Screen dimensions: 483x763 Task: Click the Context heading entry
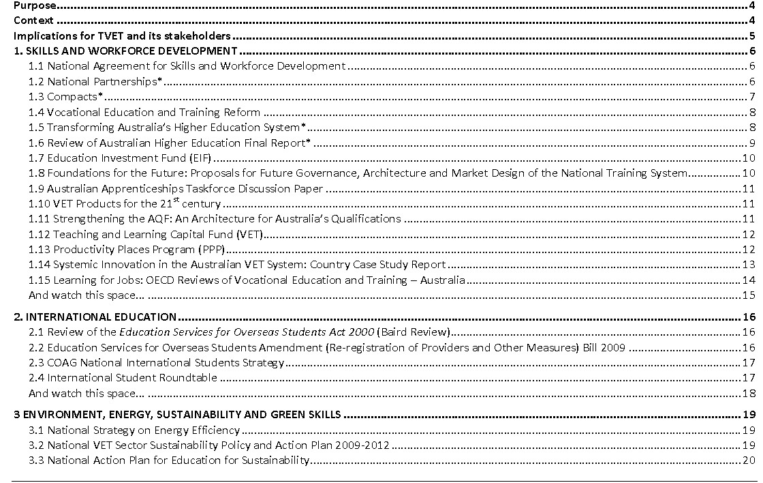pyautogui.click(x=33, y=20)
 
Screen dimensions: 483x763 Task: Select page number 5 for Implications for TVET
pyautogui.click(x=751, y=36)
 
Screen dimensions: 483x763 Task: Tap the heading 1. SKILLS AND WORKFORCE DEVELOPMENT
pyautogui.click(x=126, y=51)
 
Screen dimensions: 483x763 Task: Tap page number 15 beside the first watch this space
pyautogui.click(x=749, y=295)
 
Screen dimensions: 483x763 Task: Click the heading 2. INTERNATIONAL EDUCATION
pyautogui.click(x=95, y=317)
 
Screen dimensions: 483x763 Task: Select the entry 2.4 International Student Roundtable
pyautogui.click(x=123, y=377)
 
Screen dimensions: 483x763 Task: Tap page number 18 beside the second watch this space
pyautogui.click(x=749, y=393)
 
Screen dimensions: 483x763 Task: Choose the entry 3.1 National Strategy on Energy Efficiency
pyautogui.click(x=134, y=430)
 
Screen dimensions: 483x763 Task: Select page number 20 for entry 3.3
pyautogui.click(x=749, y=460)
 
